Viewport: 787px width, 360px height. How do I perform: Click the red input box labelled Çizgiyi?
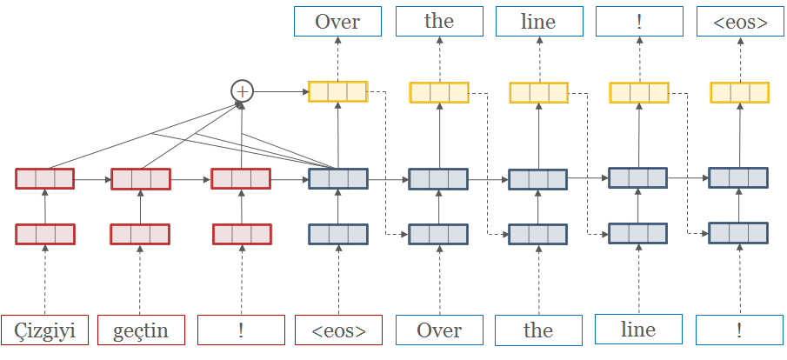pos(44,330)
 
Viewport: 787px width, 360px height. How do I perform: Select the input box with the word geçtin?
pos(139,330)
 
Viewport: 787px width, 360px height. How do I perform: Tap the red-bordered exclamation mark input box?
pos(241,330)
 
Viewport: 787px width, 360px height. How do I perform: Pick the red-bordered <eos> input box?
pos(338,330)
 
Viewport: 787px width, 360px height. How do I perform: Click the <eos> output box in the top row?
pos(740,22)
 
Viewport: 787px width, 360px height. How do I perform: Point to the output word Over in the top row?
pos(337,22)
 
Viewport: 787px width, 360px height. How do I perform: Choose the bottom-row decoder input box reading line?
pos(638,330)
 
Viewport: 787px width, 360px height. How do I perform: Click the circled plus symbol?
pos(242,90)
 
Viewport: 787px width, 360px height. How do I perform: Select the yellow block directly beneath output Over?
pos(337,91)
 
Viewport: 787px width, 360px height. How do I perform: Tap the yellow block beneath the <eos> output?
pos(739,92)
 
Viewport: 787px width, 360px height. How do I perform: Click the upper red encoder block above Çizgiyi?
pos(45,179)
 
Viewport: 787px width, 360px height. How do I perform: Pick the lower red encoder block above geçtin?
pos(139,234)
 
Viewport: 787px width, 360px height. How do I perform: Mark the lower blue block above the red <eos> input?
pos(338,234)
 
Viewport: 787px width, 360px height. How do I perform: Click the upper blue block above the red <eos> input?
pos(338,179)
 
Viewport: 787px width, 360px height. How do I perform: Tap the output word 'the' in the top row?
pos(439,22)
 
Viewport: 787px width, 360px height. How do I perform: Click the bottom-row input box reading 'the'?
pos(538,330)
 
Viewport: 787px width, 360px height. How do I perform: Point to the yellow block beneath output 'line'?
pos(538,92)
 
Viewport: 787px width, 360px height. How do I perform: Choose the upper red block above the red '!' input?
pos(241,179)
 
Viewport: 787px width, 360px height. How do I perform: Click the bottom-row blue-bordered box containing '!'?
pos(739,330)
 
